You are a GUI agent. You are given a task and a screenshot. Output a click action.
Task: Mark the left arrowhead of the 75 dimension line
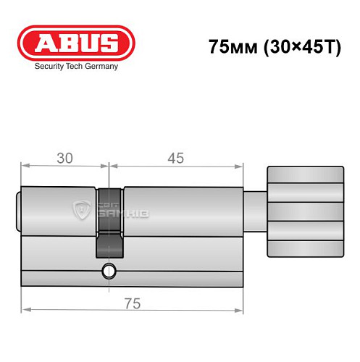coord(24,312)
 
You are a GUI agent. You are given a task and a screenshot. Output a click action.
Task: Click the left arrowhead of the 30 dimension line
coord(24,166)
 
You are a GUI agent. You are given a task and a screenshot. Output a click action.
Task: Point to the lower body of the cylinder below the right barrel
coord(181,264)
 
